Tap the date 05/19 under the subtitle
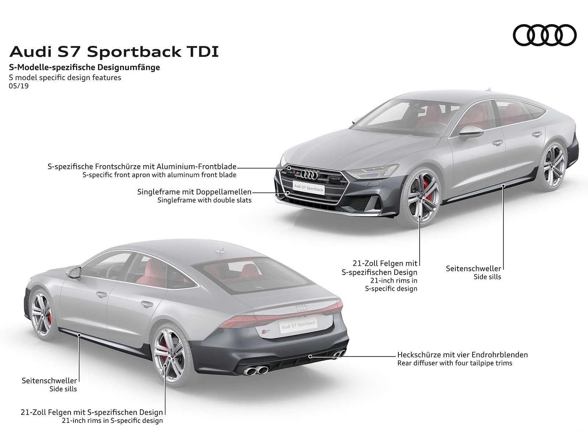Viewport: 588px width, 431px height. click(19, 86)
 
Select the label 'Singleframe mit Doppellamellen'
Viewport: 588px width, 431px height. click(194, 192)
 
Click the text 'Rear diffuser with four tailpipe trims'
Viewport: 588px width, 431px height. click(455, 363)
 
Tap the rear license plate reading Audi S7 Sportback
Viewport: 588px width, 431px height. click(298, 325)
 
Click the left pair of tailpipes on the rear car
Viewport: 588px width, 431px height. click(256, 370)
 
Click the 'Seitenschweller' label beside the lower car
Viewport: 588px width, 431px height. click(49, 381)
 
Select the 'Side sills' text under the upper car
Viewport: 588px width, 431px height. click(487, 277)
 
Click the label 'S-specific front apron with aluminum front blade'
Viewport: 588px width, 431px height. click(159, 175)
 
